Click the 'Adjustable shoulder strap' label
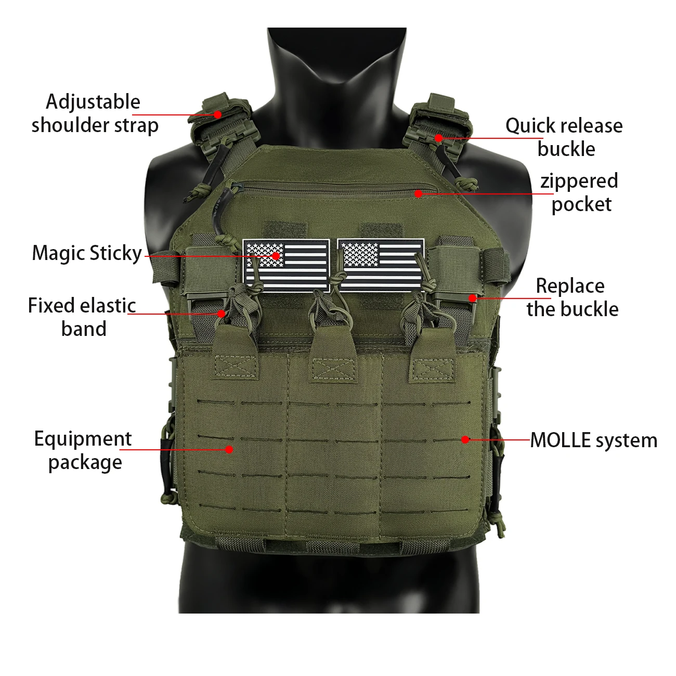point(95,114)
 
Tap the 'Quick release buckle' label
point(564,137)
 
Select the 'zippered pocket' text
point(579,192)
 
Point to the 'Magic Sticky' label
point(87,253)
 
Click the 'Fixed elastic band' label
point(82,317)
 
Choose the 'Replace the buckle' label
point(573,297)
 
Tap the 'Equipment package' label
point(83,450)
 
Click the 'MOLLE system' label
point(593,440)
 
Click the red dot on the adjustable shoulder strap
point(218,114)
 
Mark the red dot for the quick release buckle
point(439,138)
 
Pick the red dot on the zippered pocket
point(418,193)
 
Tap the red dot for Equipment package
point(229,449)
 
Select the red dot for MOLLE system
point(465,439)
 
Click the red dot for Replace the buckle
point(473,298)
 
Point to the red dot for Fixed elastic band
point(222,313)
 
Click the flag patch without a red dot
point(381,265)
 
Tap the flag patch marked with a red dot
point(286,265)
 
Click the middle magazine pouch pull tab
point(332,354)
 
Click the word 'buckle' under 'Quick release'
point(566,149)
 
